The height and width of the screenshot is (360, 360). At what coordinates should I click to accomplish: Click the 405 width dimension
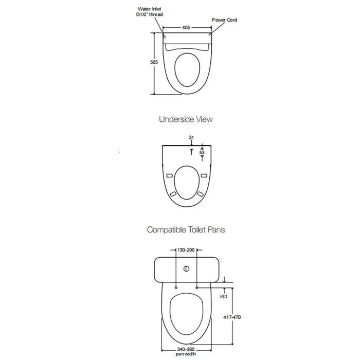pyautogui.click(x=186, y=28)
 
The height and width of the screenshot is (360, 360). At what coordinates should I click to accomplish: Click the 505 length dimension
pyautogui.click(x=154, y=62)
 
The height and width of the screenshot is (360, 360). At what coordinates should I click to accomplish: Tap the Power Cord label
pyautogui.click(x=224, y=20)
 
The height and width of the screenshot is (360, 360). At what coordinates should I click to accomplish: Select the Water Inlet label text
pyautogui.click(x=149, y=9)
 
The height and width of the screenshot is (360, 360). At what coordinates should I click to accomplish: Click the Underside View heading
pyautogui.click(x=186, y=119)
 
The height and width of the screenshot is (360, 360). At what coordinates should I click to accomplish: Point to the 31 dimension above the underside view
pyautogui.click(x=191, y=137)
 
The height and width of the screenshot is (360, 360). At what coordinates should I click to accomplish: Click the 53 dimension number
pyautogui.click(x=202, y=152)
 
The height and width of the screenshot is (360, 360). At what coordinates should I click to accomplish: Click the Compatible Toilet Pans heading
pyautogui.click(x=186, y=229)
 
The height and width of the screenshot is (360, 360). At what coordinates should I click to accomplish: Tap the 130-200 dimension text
pyautogui.click(x=186, y=250)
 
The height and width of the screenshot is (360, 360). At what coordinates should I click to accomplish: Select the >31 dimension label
pyautogui.click(x=223, y=296)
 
